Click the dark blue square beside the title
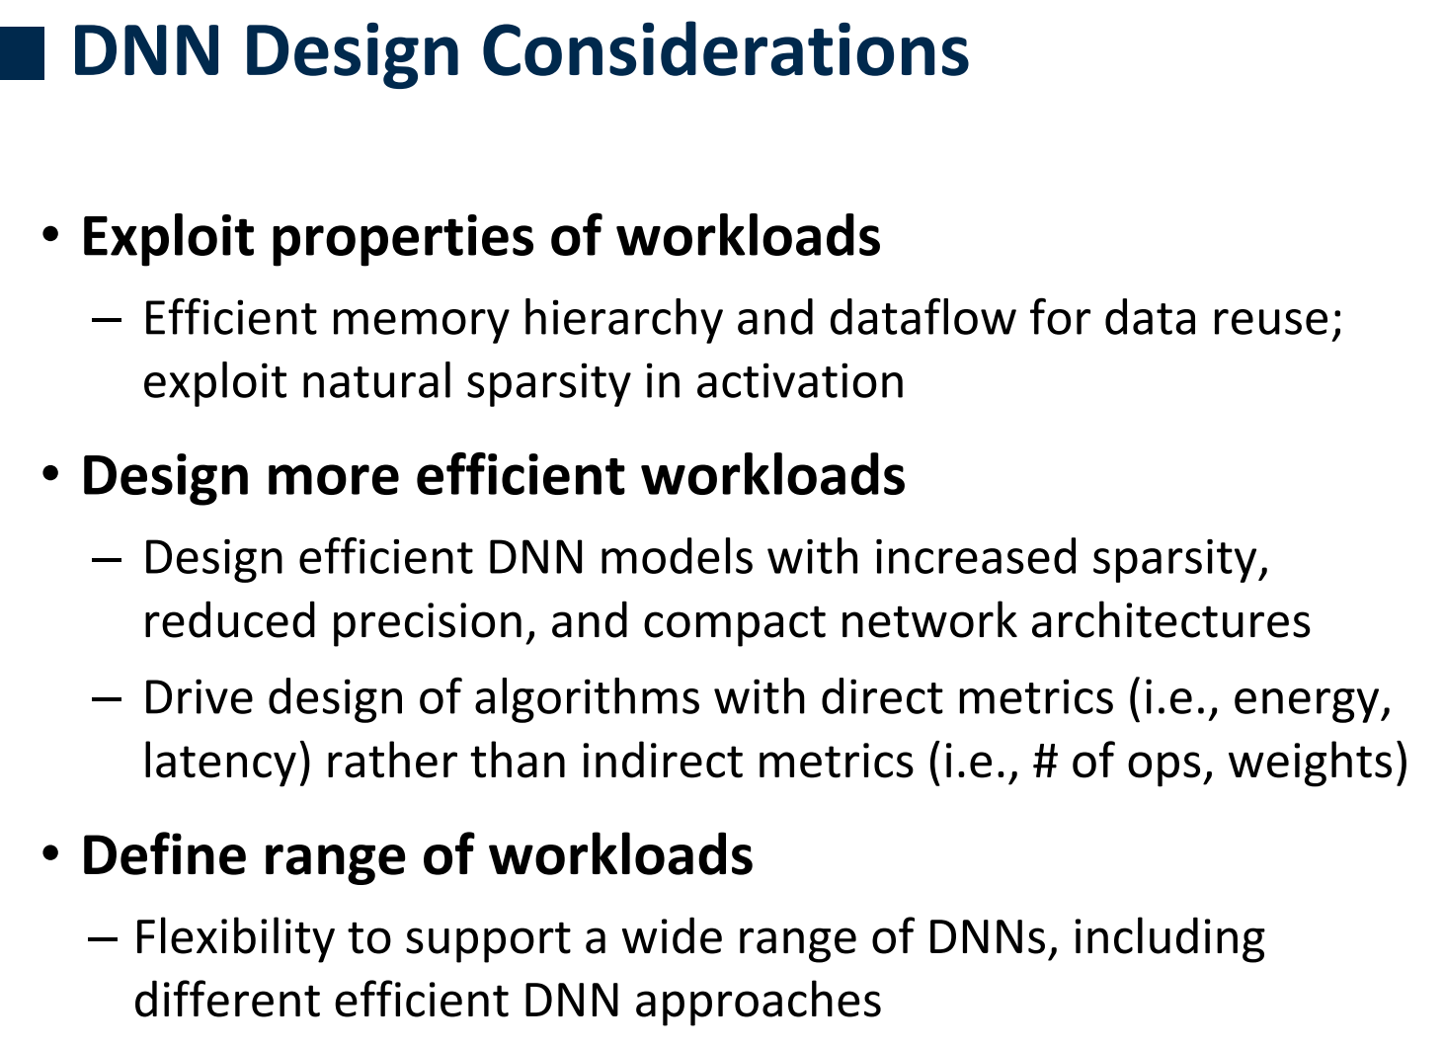coord(22,53)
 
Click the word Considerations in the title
coord(725,51)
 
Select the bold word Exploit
coord(168,236)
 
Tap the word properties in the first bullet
coord(402,238)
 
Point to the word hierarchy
coord(622,318)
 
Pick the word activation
coord(800,381)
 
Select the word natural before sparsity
coord(376,381)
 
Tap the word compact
coord(734,622)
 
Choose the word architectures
coord(1170,621)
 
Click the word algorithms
coord(587,698)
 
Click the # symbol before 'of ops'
coord(1044,762)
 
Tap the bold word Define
coord(164,855)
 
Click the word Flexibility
coord(235,938)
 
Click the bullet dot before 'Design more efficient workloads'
coord(50,474)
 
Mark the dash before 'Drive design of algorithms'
coord(107,699)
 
